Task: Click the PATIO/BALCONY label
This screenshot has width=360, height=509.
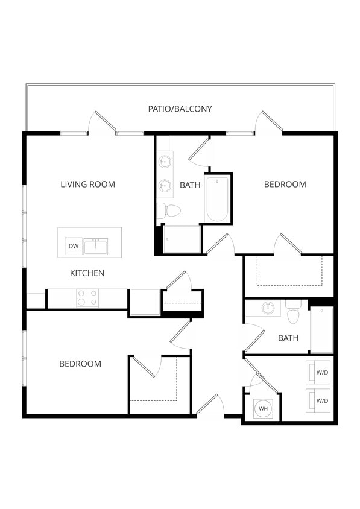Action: coord(180,109)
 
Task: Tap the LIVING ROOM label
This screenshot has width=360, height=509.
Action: coord(87,184)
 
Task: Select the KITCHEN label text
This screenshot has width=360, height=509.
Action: coord(87,273)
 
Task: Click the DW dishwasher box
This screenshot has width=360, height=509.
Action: coord(74,246)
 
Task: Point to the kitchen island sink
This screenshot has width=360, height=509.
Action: coord(96,246)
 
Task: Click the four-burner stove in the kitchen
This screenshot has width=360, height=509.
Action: coord(87,299)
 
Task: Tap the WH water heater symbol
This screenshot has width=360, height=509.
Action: coord(263,409)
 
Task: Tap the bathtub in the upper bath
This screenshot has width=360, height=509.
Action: coord(217,198)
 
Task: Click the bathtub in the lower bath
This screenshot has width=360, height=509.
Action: coord(321,330)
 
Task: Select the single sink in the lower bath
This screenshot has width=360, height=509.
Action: coord(268,308)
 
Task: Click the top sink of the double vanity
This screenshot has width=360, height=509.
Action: coord(165,162)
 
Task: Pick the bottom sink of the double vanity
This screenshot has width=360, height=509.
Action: coord(165,186)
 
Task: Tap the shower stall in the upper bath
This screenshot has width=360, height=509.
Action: coord(181,239)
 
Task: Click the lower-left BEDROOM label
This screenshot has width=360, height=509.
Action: coord(80,364)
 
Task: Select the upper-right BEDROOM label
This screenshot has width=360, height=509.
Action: coord(285,184)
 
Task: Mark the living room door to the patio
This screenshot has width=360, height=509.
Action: coord(101,124)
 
